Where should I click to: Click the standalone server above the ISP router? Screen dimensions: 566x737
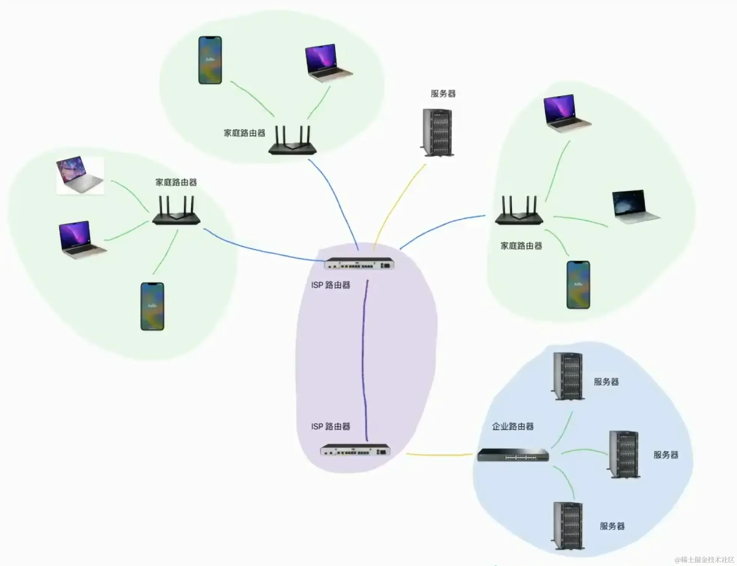pos(437,133)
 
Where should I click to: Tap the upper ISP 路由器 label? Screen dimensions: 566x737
pos(330,285)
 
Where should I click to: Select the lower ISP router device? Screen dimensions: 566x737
pos(355,450)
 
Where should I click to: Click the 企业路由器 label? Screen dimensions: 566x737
pos(513,426)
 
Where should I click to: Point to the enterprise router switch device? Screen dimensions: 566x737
pos(513,455)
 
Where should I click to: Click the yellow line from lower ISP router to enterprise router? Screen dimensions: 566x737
pos(439,455)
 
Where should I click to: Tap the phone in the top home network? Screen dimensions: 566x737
pos(210,60)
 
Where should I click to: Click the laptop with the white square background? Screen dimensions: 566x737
pos(80,175)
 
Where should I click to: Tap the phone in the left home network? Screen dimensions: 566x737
pos(152,306)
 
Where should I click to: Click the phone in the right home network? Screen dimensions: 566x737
pos(578,285)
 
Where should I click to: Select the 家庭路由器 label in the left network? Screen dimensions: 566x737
pos(176,182)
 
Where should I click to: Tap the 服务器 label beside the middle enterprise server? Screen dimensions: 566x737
pos(666,455)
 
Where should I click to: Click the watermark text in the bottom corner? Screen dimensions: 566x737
pos(704,560)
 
